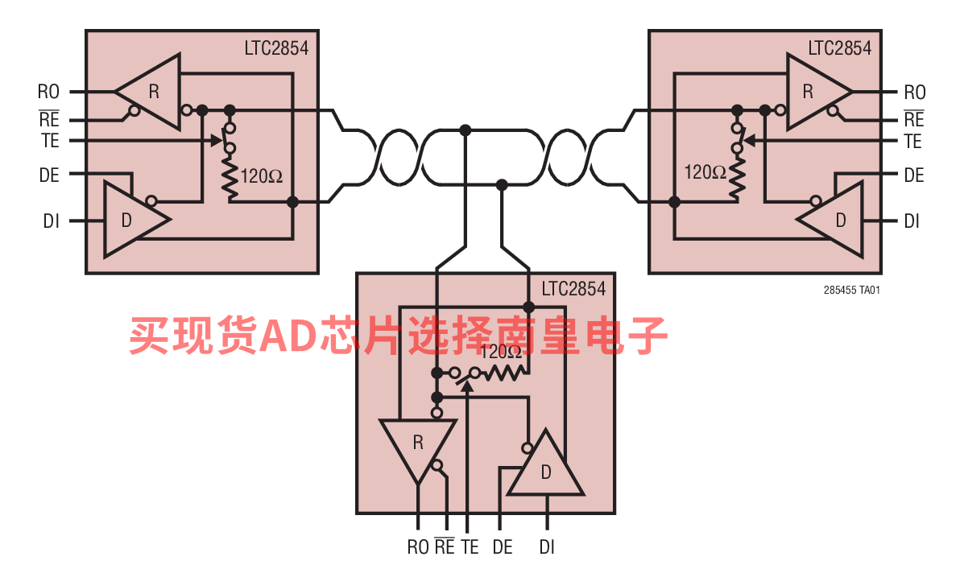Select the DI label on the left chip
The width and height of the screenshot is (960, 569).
pyautogui.click(x=51, y=221)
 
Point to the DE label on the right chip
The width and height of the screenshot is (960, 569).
pyautogui.click(x=913, y=175)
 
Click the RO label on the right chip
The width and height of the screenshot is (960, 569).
pyautogui.click(x=914, y=92)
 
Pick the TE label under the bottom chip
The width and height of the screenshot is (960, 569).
pyautogui.click(x=470, y=547)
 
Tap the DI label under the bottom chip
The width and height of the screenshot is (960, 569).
pyautogui.click(x=547, y=547)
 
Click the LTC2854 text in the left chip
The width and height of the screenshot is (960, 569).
pyautogui.click(x=276, y=48)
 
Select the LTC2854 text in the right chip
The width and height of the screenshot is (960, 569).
pyautogui.click(x=840, y=48)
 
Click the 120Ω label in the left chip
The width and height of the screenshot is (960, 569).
pyautogui.click(x=262, y=175)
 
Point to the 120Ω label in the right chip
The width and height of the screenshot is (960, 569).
pyautogui.click(x=705, y=171)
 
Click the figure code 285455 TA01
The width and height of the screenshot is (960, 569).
pyautogui.click(x=852, y=291)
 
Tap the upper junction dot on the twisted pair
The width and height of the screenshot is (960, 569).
pyautogui.click(x=465, y=130)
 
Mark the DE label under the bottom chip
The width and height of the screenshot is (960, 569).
pyautogui.click(x=503, y=547)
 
